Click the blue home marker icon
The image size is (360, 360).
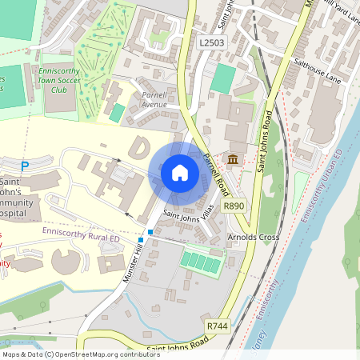180,173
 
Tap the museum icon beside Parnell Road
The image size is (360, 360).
233,161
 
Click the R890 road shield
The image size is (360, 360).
234,206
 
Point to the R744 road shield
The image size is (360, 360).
217,326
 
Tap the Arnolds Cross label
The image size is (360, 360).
253,238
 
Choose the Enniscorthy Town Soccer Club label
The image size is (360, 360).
63,80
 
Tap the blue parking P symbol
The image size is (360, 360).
25,166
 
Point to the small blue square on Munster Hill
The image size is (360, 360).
141,239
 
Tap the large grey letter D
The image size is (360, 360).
140,149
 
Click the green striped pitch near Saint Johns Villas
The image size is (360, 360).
201,261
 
